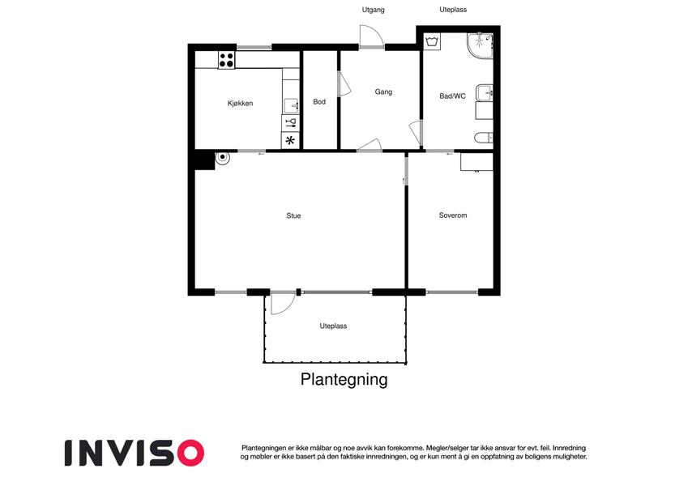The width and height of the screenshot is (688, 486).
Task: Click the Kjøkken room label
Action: point(240,104)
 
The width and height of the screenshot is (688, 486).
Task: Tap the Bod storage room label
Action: point(319,102)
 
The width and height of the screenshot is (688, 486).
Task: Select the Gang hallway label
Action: point(383,92)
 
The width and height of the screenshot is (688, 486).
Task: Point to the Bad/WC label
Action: point(452,96)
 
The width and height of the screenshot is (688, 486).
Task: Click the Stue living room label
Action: point(293,215)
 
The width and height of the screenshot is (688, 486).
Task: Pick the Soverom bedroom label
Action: point(453,215)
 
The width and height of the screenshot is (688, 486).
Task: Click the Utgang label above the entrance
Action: point(373,10)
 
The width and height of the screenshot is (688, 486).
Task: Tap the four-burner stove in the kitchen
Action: point(226,60)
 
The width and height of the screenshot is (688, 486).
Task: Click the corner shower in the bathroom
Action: point(480,45)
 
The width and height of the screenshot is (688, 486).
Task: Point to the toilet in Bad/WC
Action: point(484,138)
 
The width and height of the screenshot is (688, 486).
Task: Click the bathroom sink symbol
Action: point(485,92)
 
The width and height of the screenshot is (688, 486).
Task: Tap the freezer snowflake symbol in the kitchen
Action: point(290,141)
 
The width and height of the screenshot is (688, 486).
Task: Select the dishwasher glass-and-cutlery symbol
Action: point(290,123)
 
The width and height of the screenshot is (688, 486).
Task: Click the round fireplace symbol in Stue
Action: point(223,157)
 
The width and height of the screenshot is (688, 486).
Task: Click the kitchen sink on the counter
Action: point(291,106)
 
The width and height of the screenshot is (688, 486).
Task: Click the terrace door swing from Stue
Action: point(283,303)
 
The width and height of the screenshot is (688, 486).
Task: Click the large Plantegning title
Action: point(344,380)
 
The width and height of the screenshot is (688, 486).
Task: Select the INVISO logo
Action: point(135,453)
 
